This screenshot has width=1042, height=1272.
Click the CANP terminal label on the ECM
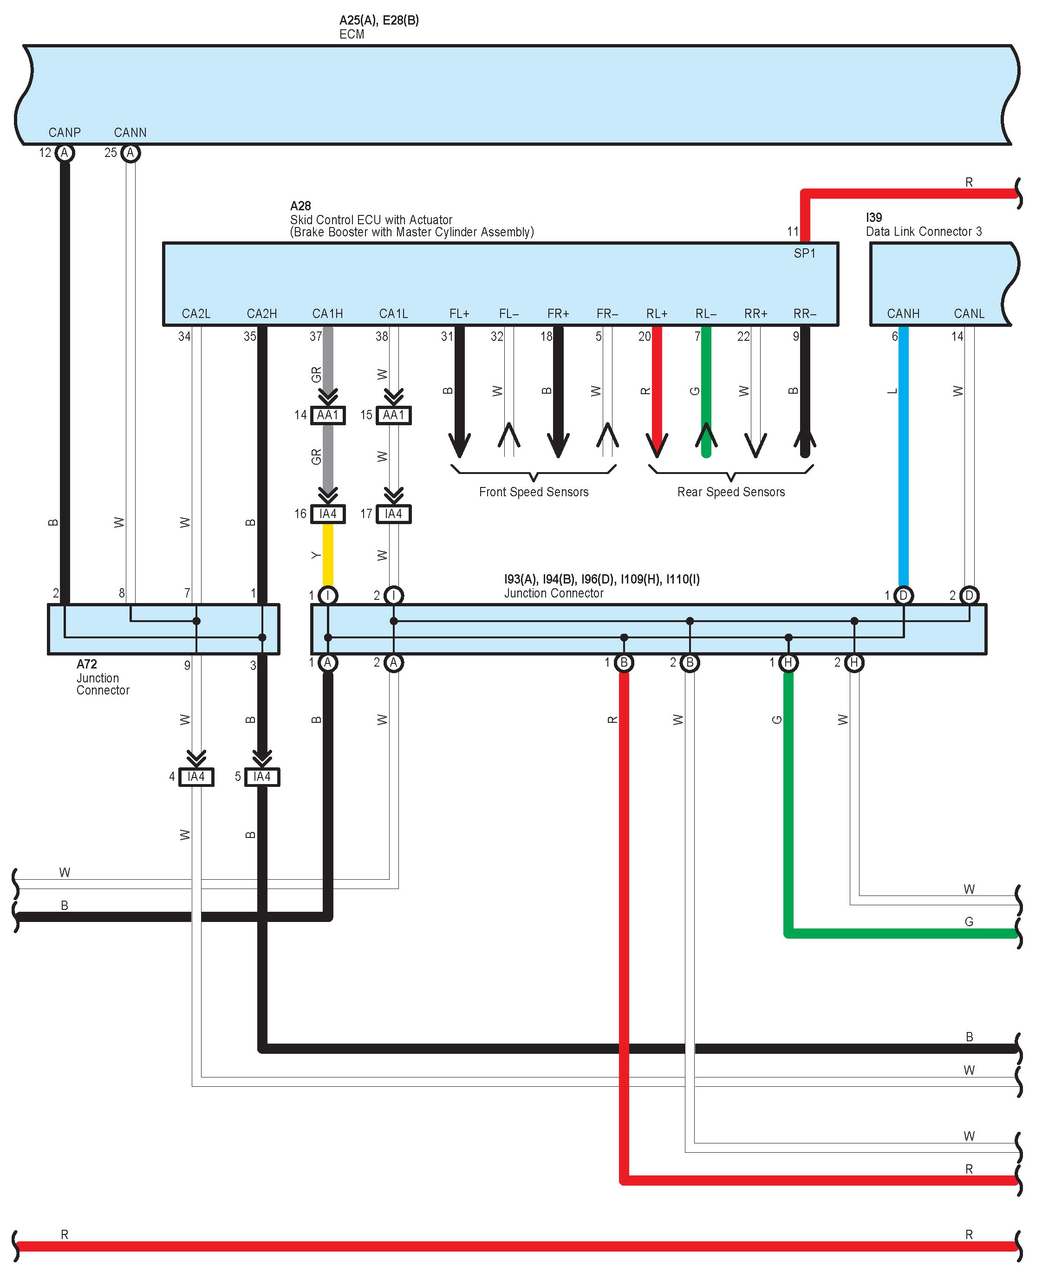coord(64,133)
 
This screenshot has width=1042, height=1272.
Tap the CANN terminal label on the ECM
coord(130,133)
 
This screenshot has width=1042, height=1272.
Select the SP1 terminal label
coord(804,254)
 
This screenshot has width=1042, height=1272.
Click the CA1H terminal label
coord(328,314)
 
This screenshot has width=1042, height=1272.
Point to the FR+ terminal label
coord(558,314)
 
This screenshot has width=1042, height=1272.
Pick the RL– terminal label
coord(706,314)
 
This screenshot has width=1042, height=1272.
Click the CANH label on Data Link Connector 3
coord(903,314)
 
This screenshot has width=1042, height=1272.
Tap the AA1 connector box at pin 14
coord(328,415)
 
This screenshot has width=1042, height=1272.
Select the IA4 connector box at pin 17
coord(394,514)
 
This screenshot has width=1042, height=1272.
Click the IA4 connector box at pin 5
coord(262,777)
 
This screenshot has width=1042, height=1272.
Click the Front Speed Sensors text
coord(534,492)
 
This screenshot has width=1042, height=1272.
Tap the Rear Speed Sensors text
coord(731,492)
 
